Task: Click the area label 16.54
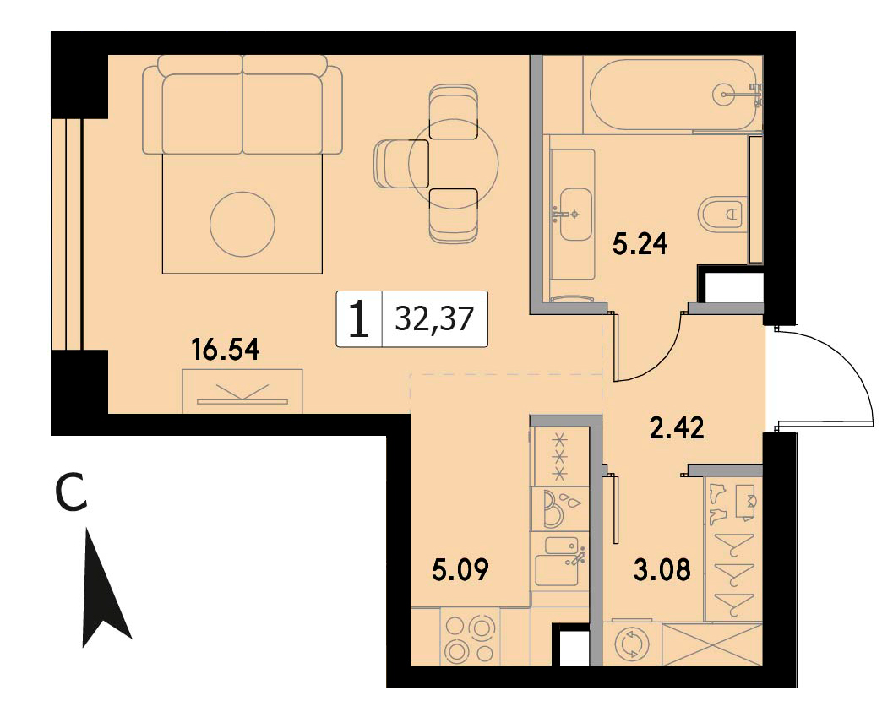tap(226, 349)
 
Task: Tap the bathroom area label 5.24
tap(640, 244)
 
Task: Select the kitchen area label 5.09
tap(460, 569)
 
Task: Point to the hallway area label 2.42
tap(678, 427)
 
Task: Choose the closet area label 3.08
tap(662, 568)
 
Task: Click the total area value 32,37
tap(434, 318)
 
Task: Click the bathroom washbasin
tap(576, 214)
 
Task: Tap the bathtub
tap(673, 94)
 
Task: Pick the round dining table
tap(454, 164)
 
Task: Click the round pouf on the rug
tap(242, 225)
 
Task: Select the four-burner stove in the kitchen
tap(470, 639)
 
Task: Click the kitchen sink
tap(560, 563)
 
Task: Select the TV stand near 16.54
tap(242, 392)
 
